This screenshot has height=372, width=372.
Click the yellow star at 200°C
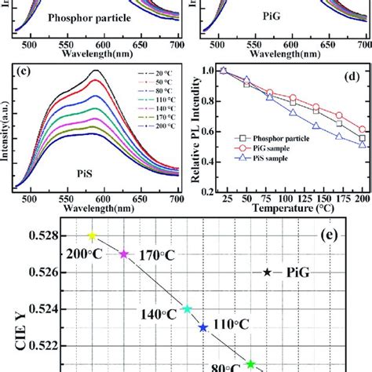pyautogui.click(x=92, y=235)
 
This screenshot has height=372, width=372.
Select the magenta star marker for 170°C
pyautogui.click(x=123, y=254)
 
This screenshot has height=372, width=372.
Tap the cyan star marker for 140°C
pyautogui.click(x=187, y=309)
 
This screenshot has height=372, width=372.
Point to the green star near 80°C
pyautogui.click(x=250, y=364)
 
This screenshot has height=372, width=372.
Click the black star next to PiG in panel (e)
pyautogui.click(x=268, y=272)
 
